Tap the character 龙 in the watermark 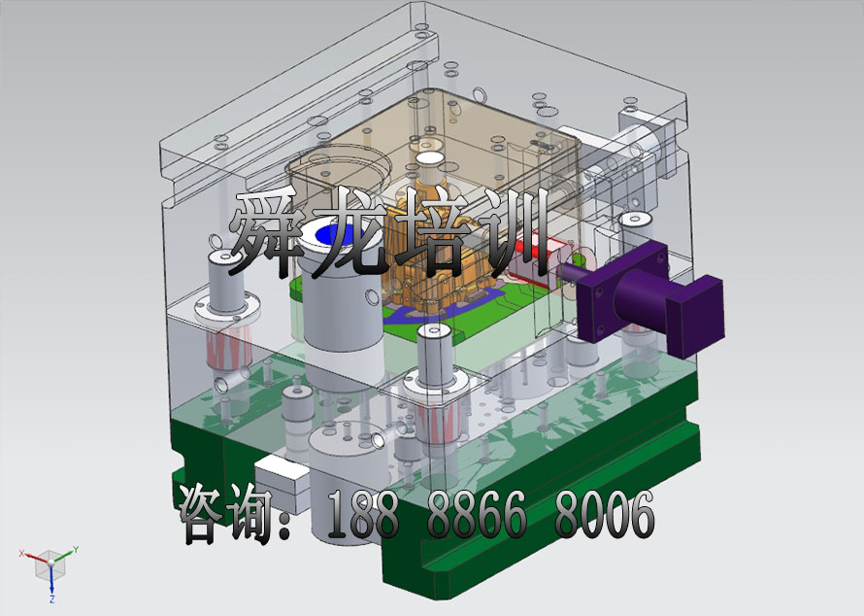pyautogui.click(x=352, y=233)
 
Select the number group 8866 pyautogui.click(x=478, y=515)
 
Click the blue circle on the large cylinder pyautogui.click(x=336, y=234)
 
